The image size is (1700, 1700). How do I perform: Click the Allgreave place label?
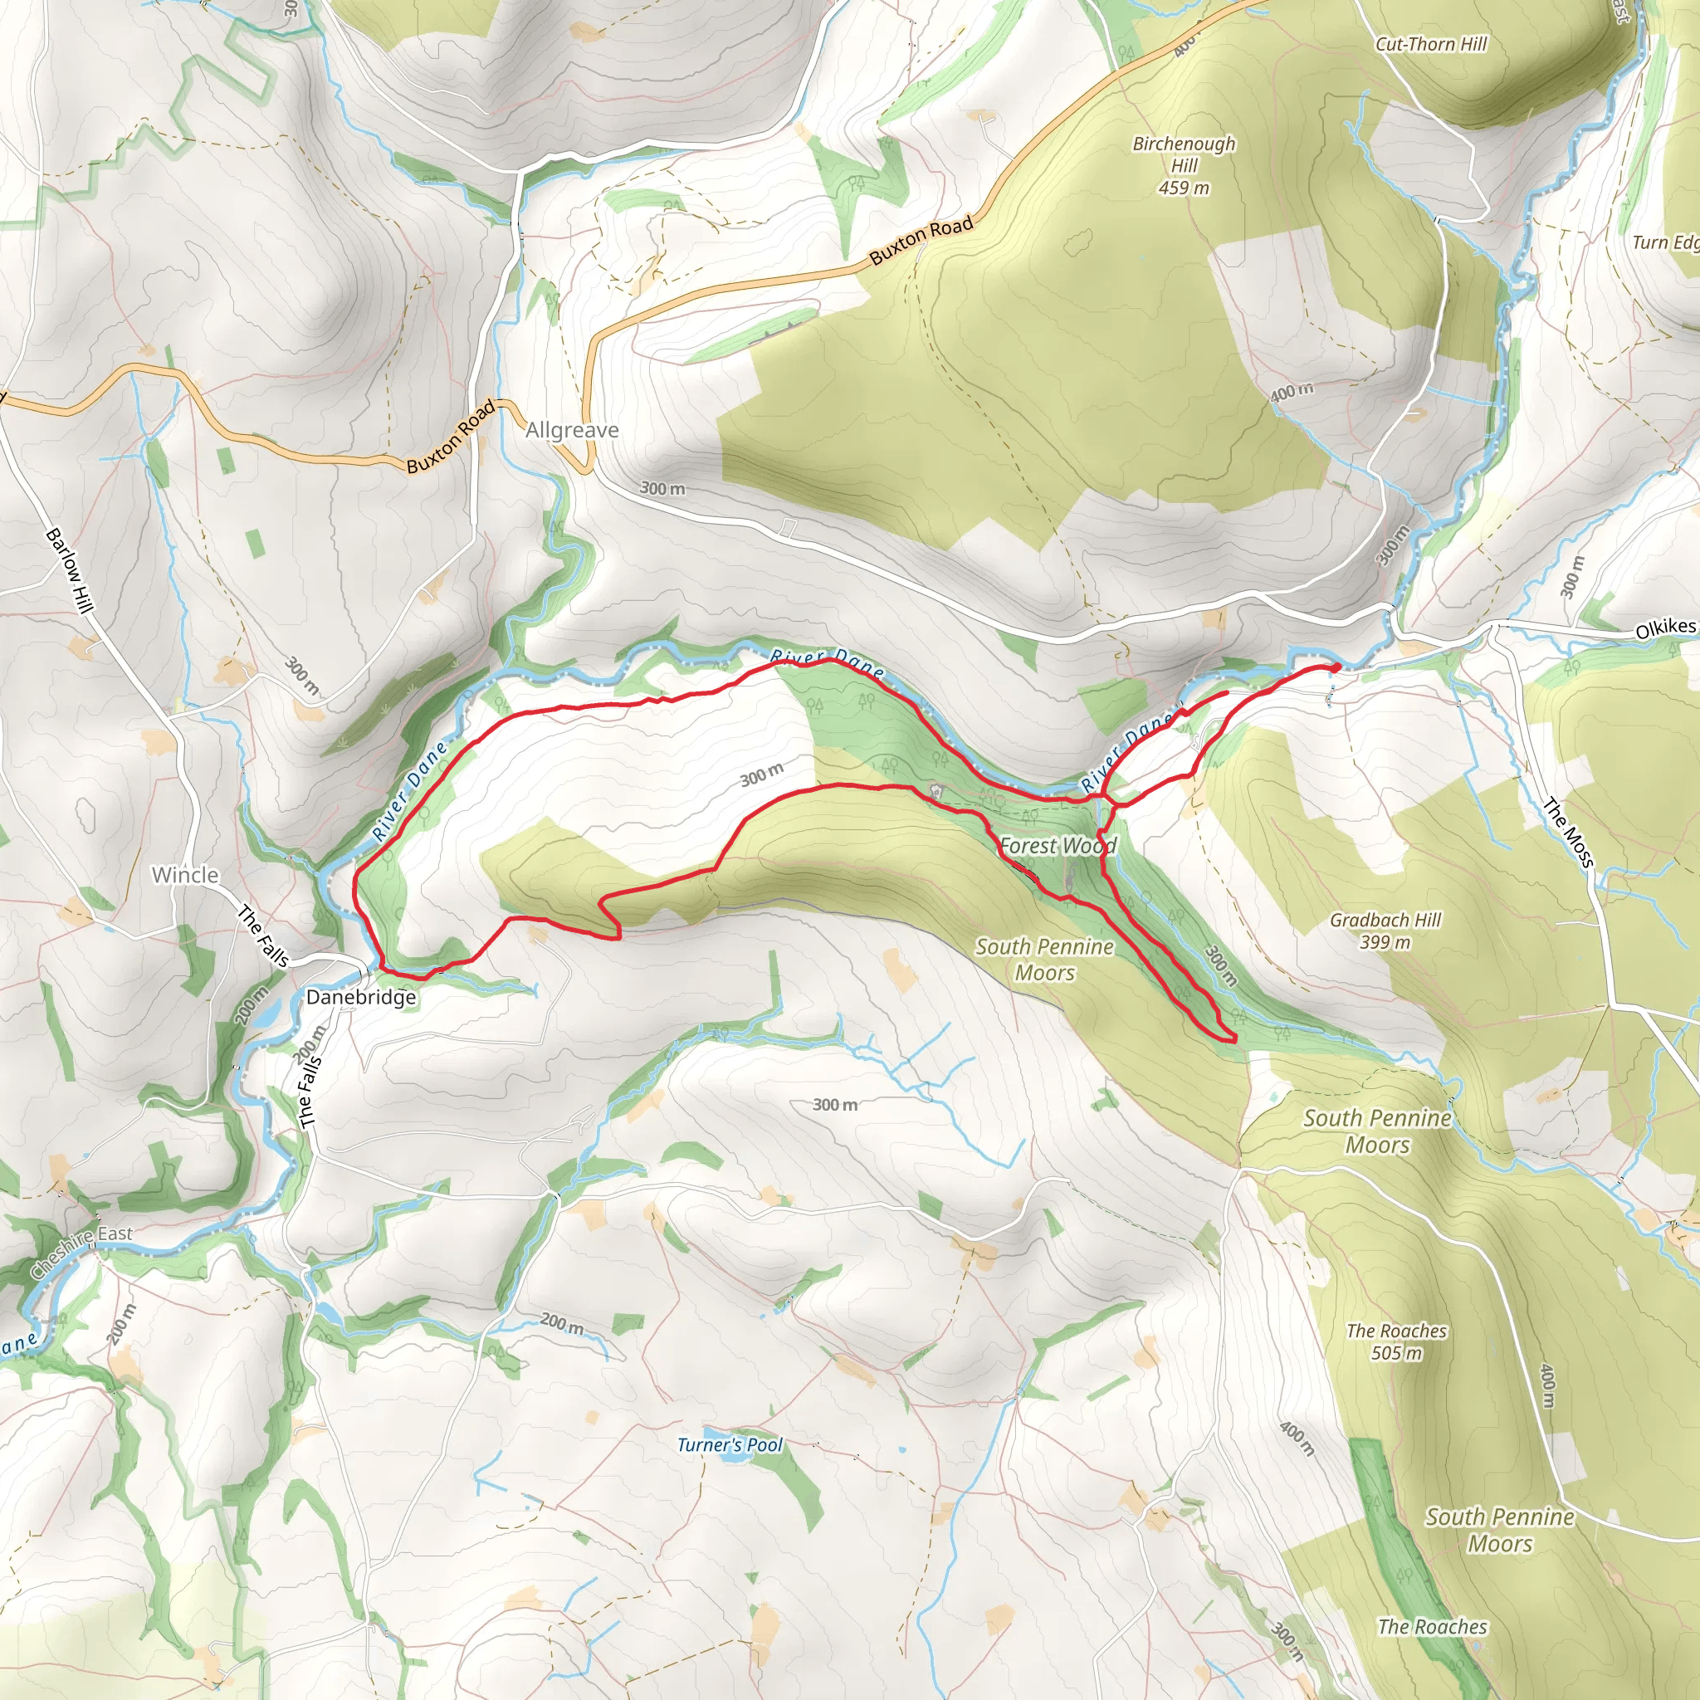coord(572,430)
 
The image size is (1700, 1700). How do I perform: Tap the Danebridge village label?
coord(361,997)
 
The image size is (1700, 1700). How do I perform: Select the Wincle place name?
coord(185,875)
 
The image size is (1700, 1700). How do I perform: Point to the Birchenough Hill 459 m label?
coord(1184,165)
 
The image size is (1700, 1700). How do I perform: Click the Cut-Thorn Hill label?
coord(1431,44)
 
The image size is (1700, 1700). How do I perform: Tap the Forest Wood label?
coord(1058,846)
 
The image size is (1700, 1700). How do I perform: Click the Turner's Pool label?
coord(730,1445)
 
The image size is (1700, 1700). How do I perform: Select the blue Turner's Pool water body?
coord(729,1458)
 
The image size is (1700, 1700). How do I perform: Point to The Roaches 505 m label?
coord(1396,1342)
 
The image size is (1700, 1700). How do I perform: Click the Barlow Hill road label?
coord(70,570)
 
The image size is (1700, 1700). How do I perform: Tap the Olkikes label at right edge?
coord(1665,629)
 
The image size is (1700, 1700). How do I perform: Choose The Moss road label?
coord(1568,833)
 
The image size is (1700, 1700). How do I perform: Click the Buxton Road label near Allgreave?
coord(451,437)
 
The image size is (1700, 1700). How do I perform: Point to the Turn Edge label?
coord(1665,242)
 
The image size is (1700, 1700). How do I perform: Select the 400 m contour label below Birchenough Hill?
coord(1292,392)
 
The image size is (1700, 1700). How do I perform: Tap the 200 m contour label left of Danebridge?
coord(252,1006)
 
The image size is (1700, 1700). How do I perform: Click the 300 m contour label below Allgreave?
coord(662,488)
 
